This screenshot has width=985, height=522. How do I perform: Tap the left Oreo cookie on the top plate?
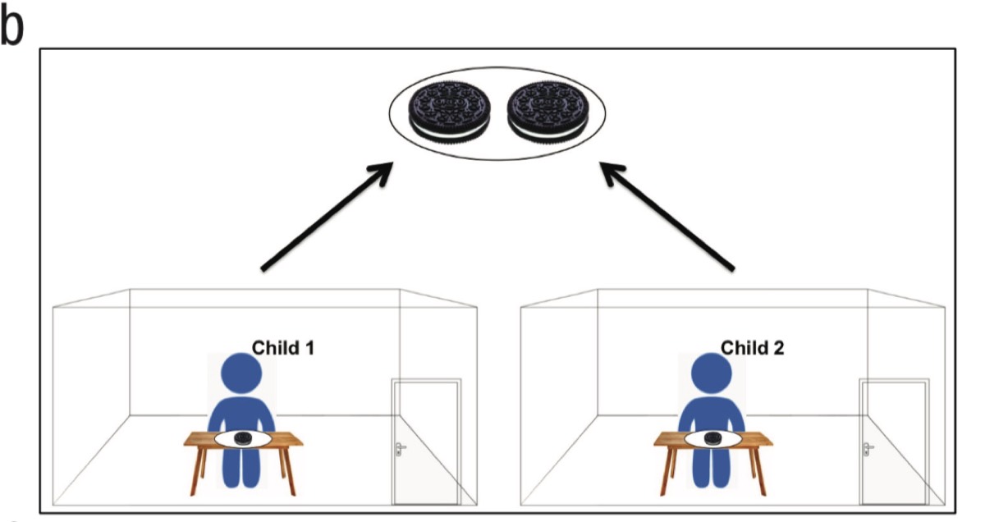(x=451, y=112)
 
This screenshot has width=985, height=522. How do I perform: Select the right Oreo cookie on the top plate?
(x=547, y=112)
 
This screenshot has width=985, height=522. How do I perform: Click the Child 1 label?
(x=282, y=347)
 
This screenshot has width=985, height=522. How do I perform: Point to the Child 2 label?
(x=752, y=347)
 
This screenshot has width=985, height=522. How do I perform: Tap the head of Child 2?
(x=711, y=374)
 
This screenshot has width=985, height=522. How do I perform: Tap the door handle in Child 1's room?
(x=400, y=448)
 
